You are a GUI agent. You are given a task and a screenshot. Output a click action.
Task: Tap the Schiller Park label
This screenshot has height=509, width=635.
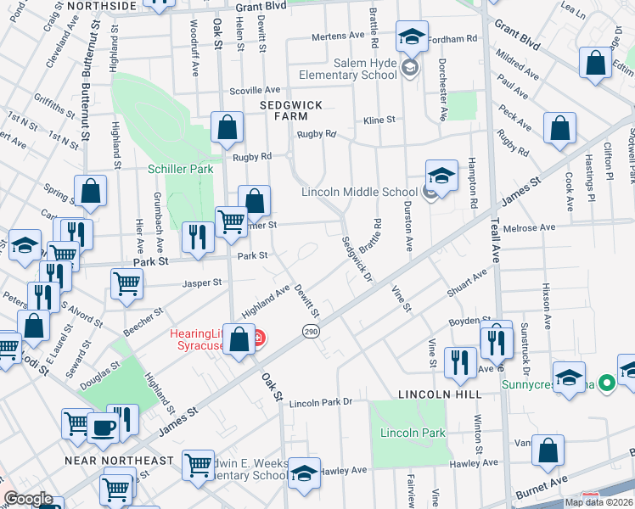pyautogui.click(x=181, y=169)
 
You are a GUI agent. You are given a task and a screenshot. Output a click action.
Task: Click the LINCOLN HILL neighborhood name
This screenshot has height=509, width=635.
pyautogui.click(x=440, y=394)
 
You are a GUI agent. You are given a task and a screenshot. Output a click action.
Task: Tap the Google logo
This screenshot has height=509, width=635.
pyautogui.click(x=28, y=499)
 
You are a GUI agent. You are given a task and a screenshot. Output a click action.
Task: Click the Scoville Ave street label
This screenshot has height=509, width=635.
pyautogui.click(x=255, y=90)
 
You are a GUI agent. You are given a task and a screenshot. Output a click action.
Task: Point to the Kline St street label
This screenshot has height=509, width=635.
pyautogui.click(x=379, y=120)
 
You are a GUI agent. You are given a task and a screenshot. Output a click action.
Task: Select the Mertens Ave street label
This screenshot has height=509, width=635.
pyautogui.click(x=337, y=36)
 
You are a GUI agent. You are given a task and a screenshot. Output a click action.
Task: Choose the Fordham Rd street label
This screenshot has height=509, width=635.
pyautogui.click(x=453, y=39)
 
